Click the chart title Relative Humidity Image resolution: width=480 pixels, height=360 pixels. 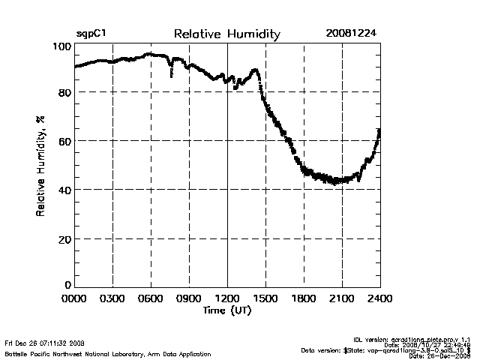tap(226, 34)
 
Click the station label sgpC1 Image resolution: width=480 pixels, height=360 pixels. tap(91, 34)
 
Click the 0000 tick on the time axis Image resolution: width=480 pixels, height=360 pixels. tap(74, 298)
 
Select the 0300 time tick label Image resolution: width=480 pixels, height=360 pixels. tap(112, 298)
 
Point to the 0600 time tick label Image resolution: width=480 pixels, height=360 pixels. tap(151, 298)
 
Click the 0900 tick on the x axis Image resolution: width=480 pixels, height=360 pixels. tap(189, 298)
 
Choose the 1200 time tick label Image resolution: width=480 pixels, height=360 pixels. tap(227, 298)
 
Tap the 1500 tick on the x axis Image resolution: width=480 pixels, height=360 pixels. tap(265, 298)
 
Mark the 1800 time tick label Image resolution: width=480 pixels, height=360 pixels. tap(304, 298)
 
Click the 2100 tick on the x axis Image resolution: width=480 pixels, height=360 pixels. tap(342, 298)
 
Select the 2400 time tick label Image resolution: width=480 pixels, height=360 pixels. tap(379, 298)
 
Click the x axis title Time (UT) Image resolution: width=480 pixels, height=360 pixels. tap(226, 310)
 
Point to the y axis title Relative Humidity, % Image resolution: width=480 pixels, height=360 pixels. tap(40, 166)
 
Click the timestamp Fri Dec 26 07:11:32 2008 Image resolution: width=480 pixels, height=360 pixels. tap(45, 343)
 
